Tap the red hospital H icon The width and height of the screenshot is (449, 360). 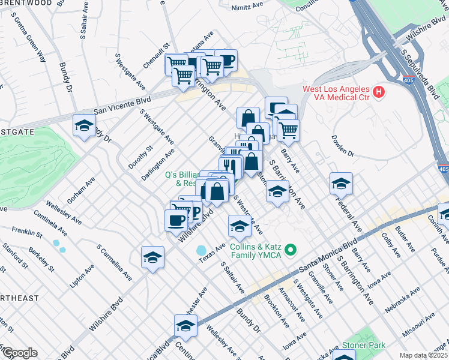pyautogui.click(x=378, y=92)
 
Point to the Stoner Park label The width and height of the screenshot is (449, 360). pyautogui.click(x=364, y=345)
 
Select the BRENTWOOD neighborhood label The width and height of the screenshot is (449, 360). pyautogui.click(x=26, y=3)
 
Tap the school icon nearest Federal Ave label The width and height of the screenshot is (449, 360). pyautogui.click(x=341, y=184)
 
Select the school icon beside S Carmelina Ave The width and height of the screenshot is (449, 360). pyautogui.click(x=152, y=257)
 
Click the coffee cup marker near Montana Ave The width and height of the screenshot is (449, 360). pyautogui.click(x=226, y=60)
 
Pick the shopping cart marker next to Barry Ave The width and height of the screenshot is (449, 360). pyautogui.click(x=288, y=130)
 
